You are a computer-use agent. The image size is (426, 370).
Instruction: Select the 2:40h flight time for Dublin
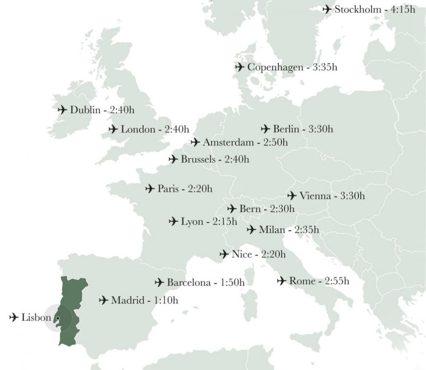[124, 110]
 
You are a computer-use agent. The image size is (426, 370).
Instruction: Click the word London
[138, 130]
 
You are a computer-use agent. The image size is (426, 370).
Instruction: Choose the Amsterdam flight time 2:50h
[275, 143]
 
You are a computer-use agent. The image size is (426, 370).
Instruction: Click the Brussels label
[198, 159]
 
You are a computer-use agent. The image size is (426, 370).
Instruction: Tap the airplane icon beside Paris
[150, 189]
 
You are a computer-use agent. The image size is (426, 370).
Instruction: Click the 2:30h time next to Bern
[282, 209]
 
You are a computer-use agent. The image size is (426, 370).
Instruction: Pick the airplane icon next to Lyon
[173, 222]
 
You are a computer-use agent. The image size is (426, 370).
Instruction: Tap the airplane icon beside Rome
[282, 281]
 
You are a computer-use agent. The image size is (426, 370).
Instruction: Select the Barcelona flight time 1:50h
[232, 283]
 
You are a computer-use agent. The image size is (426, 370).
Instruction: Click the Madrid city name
[126, 300]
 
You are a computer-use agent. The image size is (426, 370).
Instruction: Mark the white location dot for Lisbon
[58, 319]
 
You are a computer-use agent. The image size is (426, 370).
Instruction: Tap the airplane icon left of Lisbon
[14, 318]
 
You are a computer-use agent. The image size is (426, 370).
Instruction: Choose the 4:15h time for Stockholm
[402, 9]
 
